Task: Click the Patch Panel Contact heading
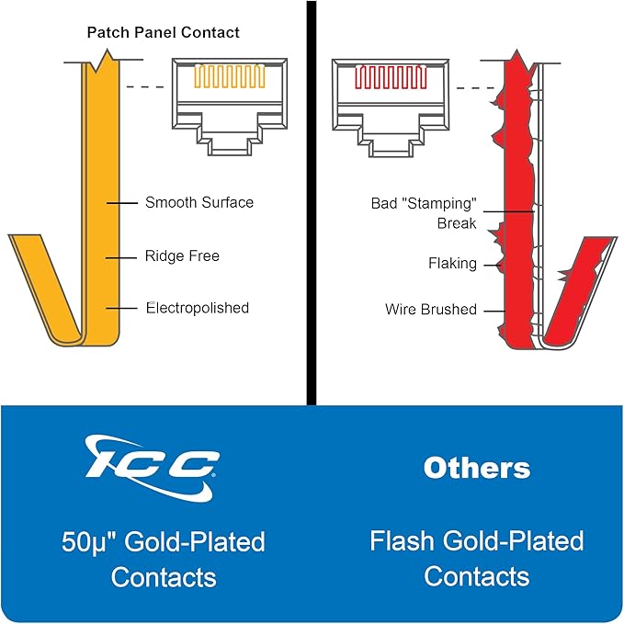[164, 33]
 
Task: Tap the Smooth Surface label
[199, 202]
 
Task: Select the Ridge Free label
[182, 255]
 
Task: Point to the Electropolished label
[198, 308]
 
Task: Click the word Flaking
[452, 264]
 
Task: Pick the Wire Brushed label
[431, 310]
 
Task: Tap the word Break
[457, 223]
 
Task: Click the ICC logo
[152, 468]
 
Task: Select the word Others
[477, 468]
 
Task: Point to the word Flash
[402, 540]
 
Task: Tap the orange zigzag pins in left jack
[230, 76]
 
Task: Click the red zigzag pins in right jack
[391, 77]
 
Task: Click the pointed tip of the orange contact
[107, 50]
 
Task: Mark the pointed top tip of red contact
[516, 51]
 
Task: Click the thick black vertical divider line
[312, 203]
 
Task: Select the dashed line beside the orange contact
[145, 86]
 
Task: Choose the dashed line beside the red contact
[475, 88]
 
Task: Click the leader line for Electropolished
[121, 308]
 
